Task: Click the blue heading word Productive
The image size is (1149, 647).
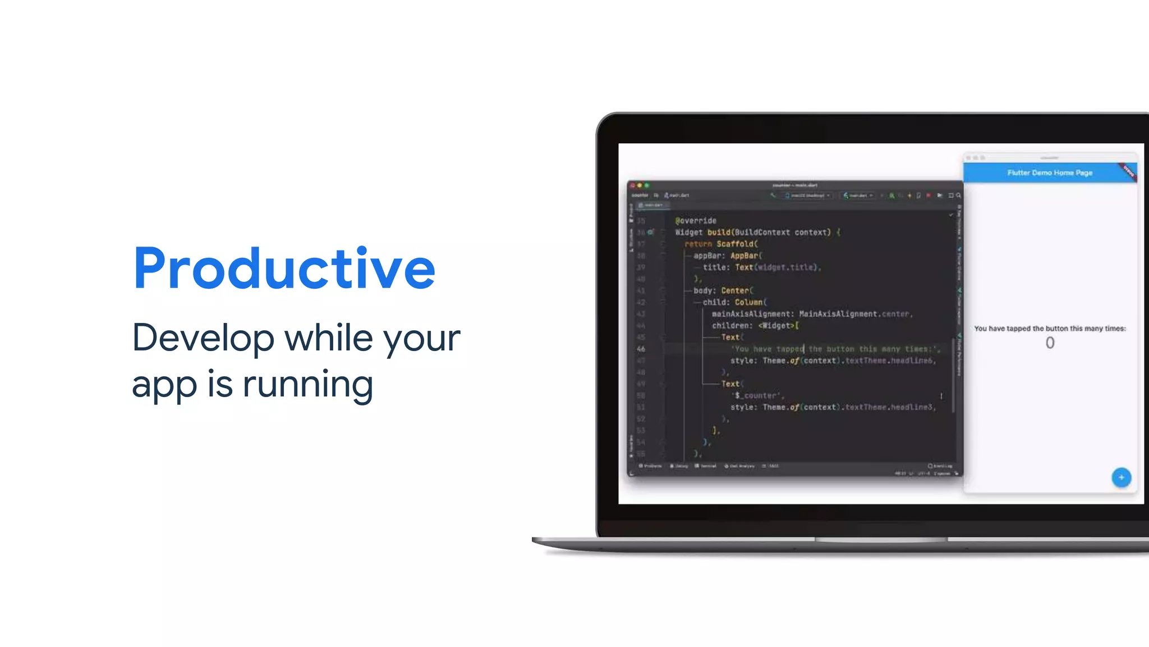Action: [284, 268]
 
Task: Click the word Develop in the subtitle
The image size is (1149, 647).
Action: [203, 338]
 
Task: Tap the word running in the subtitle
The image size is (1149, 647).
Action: [307, 385]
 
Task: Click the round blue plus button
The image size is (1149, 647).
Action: [1121, 477]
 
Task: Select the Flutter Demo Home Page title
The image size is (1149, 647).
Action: [1049, 173]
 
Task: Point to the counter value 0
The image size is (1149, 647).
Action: [1050, 343]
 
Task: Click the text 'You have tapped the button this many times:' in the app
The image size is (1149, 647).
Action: [1050, 329]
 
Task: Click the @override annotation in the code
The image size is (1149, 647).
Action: [696, 221]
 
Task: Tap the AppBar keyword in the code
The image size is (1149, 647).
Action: [744, 256]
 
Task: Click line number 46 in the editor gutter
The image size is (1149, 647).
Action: [641, 349]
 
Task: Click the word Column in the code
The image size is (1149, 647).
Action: [749, 302]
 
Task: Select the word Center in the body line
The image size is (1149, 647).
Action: [735, 290]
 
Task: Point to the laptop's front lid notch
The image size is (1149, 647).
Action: [881, 539]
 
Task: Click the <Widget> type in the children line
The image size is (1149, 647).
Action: [777, 326]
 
